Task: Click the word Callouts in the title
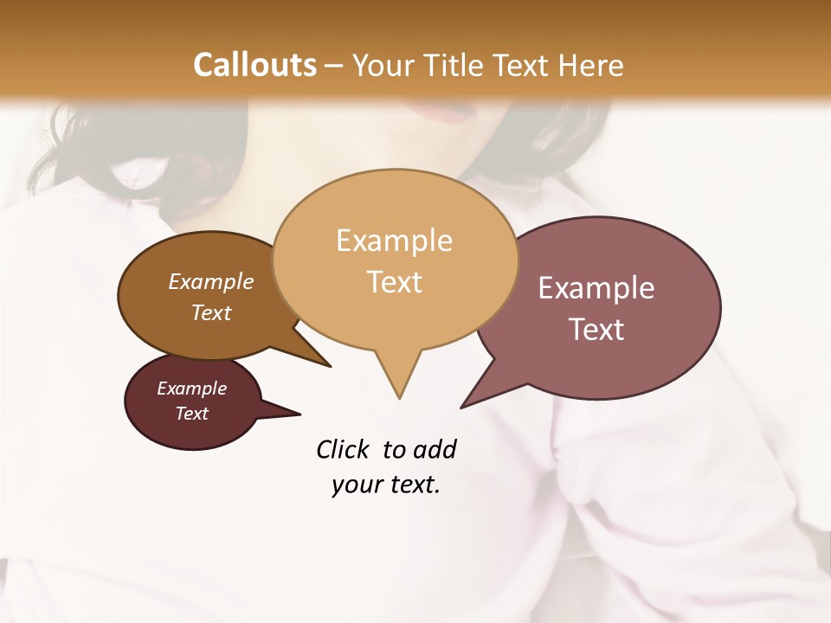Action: coord(254,65)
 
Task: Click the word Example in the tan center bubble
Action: coord(394,241)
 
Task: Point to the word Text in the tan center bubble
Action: coord(394,282)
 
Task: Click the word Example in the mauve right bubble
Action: coord(596,288)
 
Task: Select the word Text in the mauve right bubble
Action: coord(596,330)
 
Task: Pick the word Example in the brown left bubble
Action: coord(211,281)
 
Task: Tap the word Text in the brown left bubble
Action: coord(211,312)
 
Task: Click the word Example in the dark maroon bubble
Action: coord(192,389)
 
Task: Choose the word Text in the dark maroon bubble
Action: coord(192,414)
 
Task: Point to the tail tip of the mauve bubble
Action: coord(462,407)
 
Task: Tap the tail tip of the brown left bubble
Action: coord(330,366)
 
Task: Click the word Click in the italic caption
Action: coord(345,450)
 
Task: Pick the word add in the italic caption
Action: coord(435,450)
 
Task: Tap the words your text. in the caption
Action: coord(386,485)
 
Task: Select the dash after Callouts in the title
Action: coord(335,66)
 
